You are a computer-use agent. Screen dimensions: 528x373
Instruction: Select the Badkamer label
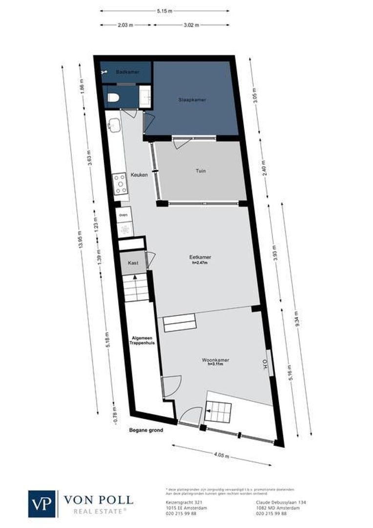(127, 72)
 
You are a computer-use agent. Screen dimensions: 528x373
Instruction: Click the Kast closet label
(133, 263)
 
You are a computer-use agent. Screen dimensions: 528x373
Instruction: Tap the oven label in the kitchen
(123, 214)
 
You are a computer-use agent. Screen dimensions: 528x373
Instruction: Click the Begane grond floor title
(146, 431)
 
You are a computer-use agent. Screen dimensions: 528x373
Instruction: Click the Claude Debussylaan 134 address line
(281, 502)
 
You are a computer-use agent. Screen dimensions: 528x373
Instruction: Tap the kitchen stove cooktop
(121, 184)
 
